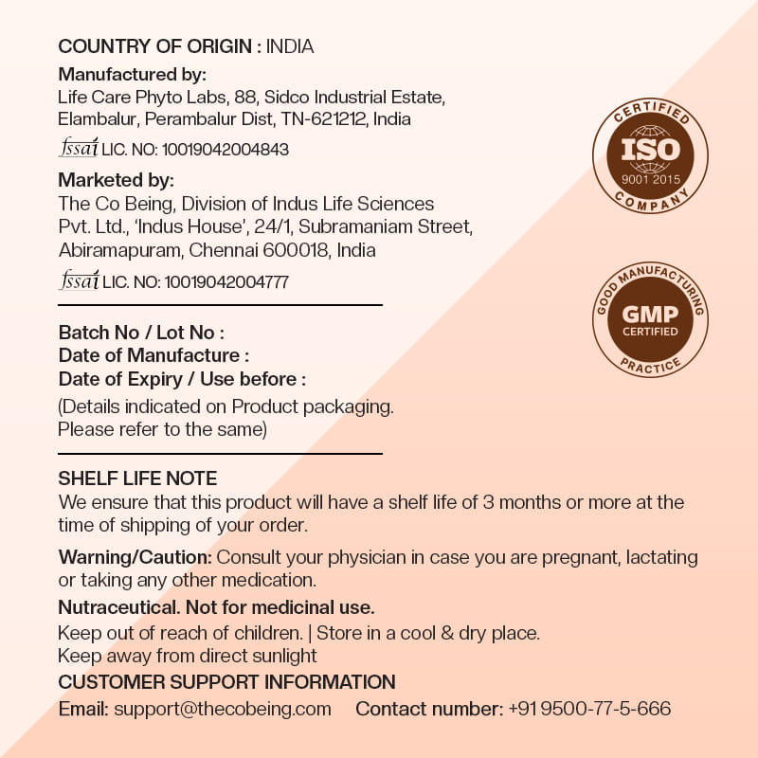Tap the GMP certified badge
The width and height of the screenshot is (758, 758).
click(x=650, y=318)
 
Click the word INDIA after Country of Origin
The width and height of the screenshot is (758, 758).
click(x=290, y=46)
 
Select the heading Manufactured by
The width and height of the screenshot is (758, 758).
click(x=133, y=74)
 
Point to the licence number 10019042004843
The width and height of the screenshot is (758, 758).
click(x=226, y=150)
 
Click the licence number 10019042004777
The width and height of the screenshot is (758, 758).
click(x=226, y=281)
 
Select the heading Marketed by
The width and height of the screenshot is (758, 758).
click(x=117, y=180)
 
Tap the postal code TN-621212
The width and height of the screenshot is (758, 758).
click(x=324, y=119)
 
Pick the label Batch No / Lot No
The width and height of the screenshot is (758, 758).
click(x=141, y=333)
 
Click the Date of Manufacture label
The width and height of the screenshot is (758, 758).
click(x=153, y=355)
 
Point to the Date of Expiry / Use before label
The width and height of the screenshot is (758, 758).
click(x=182, y=379)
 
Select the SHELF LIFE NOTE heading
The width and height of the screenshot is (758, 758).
click(x=137, y=478)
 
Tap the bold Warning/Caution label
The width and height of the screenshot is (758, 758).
click(x=135, y=556)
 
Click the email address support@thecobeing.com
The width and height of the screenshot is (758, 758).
click(x=223, y=709)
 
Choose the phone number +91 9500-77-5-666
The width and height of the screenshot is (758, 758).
click(x=589, y=709)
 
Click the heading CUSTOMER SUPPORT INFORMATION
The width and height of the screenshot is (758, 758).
click(x=226, y=682)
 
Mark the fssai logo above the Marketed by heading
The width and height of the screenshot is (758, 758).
click(x=79, y=148)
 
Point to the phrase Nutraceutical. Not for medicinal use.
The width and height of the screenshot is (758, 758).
click(x=216, y=606)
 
